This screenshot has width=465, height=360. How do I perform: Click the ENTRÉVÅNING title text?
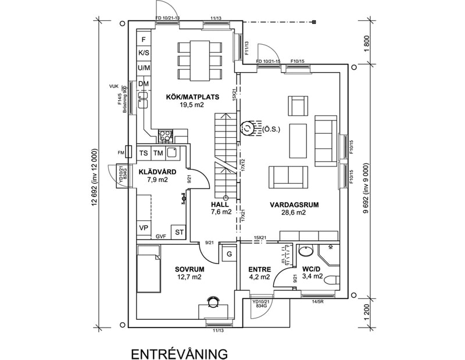tap(178, 354)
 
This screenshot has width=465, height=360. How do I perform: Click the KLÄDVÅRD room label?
tap(153, 172)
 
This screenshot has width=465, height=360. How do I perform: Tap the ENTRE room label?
tap(259, 269)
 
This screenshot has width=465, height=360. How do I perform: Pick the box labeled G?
tap(229, 254)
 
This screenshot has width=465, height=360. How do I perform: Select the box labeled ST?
tap(180, 232)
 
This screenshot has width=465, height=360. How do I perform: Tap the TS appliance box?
tap(144, 153)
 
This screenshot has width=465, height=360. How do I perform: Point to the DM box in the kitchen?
tap(144, 84)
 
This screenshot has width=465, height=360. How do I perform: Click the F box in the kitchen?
tap(144, 39)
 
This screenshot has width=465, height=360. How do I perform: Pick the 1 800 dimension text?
tap(366, 44)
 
